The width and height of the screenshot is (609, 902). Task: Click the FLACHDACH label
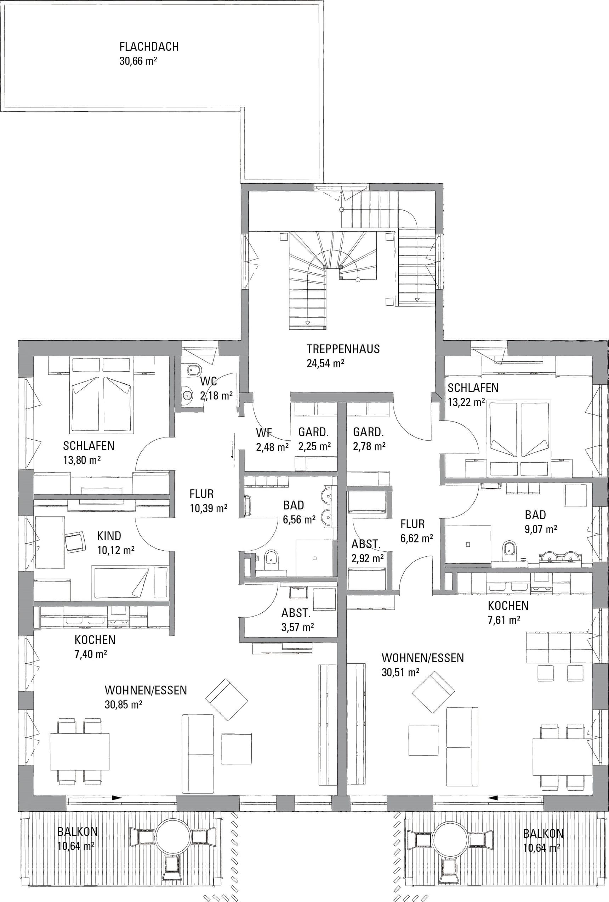pos(149,46)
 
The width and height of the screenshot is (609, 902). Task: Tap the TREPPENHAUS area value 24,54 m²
pos(326,364)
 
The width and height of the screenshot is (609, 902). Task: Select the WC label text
pos(208,381)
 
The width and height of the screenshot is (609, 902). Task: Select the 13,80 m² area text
pos(82,460)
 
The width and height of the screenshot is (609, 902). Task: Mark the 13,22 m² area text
pos(466,402)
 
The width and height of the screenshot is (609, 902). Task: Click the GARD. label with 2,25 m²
pos(314,432)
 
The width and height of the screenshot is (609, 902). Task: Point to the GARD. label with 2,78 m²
pos(368,432)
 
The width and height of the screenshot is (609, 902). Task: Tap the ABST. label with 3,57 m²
pos(296,613)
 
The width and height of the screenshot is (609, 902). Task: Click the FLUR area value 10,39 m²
pos(209,508)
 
